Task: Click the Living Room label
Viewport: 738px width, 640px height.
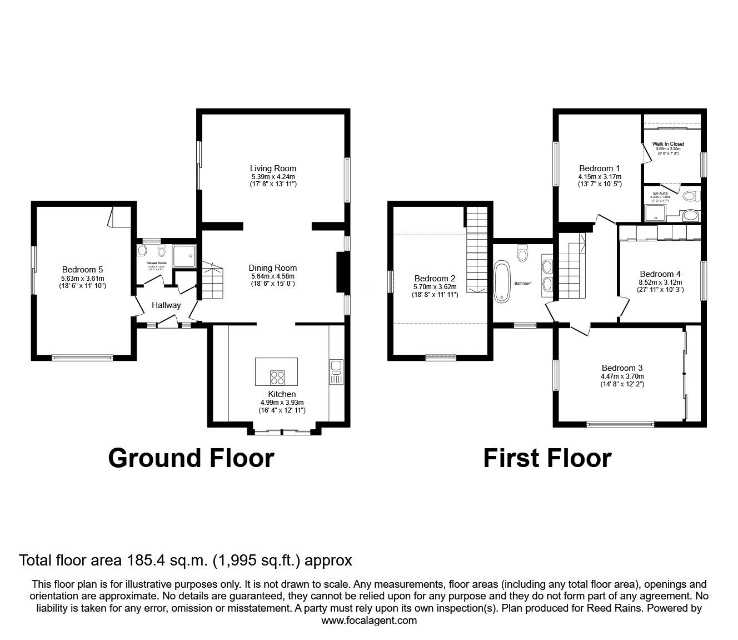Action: (x=273, y=168)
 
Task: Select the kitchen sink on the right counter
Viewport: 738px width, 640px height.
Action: (x=337, y=366)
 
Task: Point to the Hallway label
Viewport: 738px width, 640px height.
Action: (x=166, y=305)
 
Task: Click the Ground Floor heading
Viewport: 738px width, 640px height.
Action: (x=191, y=458)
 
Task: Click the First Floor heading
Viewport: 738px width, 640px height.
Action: (x=547, y=458)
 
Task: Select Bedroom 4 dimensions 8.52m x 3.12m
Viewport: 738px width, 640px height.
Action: (x=660, y=282)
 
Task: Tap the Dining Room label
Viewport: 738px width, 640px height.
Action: (x=272, y=267)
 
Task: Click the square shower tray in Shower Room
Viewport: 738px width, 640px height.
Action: (x=184, y=256)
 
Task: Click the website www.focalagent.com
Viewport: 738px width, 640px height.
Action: (x=369, y=621)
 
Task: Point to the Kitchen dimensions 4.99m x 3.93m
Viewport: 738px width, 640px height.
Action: (x=282, y=403)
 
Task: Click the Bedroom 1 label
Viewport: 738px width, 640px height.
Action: (x=599, y=168)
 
